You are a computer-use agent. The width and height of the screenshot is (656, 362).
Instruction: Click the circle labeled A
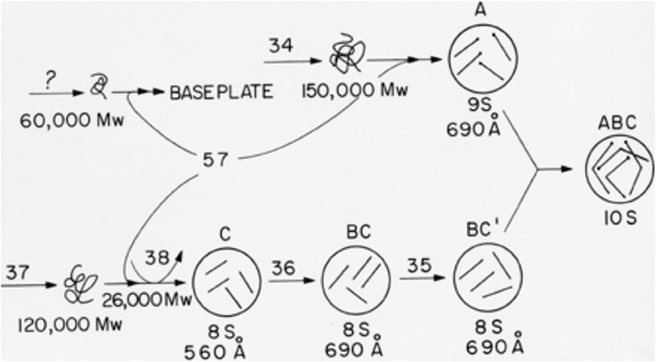click(480, 57)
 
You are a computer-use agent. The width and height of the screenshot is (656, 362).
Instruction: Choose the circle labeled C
click(224, 282)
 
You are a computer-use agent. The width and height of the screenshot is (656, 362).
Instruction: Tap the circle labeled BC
click(356, 282)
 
